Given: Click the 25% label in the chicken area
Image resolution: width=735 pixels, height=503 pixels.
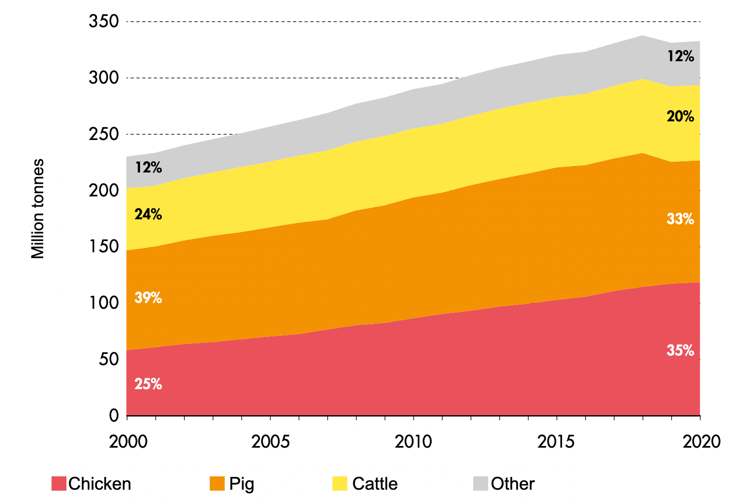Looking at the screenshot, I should [x=148, y=384].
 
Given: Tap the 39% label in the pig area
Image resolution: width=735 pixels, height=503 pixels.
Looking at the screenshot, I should [x=148, y=298].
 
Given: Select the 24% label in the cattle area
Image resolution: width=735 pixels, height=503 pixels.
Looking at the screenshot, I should [x=148, y=214].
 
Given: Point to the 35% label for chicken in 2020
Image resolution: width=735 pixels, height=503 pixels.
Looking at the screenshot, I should [x=680, y=350].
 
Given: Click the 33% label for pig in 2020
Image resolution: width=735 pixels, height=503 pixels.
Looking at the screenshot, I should [x=680, y=219].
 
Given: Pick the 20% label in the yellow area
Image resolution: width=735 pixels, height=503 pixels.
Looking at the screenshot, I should [x=680, y=116].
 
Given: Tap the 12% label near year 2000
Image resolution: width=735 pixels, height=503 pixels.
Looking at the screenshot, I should [x=148, y=167].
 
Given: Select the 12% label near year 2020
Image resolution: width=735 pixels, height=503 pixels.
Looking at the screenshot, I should [x=680, y=56].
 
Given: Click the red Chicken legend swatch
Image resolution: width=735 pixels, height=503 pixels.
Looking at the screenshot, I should [x=59, y=483].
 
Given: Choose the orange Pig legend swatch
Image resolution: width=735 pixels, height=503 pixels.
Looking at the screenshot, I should [x=217, y=483].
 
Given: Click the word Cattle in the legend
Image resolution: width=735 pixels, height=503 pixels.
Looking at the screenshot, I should [x=375, y=483].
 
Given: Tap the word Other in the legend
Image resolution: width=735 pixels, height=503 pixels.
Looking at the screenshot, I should [x=513, y=483].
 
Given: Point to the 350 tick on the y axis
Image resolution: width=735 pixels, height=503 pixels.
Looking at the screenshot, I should [x=104, y=22].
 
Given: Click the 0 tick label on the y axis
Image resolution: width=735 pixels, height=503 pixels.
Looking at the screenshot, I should [x=114, y=415].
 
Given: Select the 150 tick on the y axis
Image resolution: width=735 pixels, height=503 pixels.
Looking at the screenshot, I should [x=104, y=246].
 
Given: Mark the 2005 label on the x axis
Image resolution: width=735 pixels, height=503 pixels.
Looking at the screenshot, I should [x=270, y=441].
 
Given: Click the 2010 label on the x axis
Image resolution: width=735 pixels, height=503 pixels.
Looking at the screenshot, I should [x=414, y=441].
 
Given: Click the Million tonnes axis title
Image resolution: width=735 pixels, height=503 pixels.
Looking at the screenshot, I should [x=38, y=209].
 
